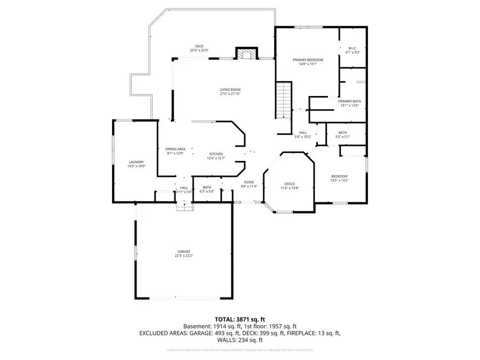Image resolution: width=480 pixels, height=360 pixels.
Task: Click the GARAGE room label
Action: tap(184, 251)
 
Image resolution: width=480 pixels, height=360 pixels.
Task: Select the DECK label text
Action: tap(199, 46)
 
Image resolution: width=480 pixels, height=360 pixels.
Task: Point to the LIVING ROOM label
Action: tap(230, 90)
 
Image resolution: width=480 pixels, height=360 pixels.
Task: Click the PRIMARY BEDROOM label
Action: tap(308, 60)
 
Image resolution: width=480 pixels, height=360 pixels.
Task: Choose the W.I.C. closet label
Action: tap(353, 48)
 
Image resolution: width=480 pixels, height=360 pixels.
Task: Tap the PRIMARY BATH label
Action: tap(349, 101)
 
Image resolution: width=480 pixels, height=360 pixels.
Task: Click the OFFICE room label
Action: tap(290, 184)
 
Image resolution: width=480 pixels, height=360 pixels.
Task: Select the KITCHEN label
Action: tap(215, 154)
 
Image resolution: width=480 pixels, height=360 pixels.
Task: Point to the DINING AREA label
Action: tap(175, 149)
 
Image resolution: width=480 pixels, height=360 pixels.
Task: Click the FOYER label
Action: tap(249, 182)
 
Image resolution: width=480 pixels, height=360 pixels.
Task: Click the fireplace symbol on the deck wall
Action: tap(246, 54)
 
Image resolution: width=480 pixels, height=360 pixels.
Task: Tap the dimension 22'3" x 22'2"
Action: tap(184, 256)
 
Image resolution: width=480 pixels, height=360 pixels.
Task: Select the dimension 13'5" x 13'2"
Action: tap(339, 180)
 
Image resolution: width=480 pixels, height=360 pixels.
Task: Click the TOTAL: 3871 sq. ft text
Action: tap(240, 318)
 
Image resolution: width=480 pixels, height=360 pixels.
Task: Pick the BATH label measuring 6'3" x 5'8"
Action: tap(206, 187)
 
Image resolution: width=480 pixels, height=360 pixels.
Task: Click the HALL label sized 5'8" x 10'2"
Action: tap(303, 132)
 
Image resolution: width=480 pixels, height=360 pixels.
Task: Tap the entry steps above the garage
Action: tap(184, 205)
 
